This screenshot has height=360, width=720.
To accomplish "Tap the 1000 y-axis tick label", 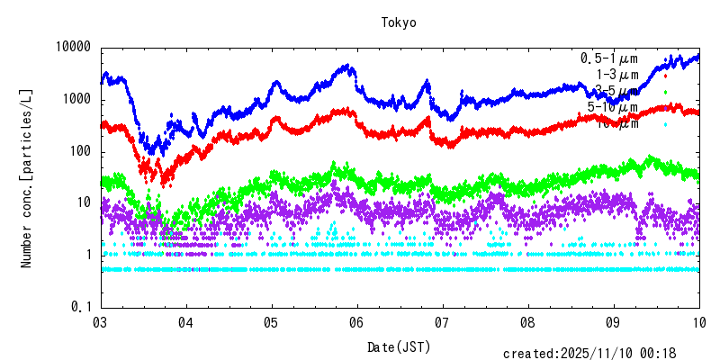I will pyautogui.click(x=77, y=99).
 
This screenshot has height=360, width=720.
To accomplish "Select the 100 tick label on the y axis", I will pyautogui.click(x=81, y=151).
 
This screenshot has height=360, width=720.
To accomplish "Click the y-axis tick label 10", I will pyautogui.click(x=85, y=203).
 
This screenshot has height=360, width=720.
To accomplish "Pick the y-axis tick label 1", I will pyautogui.click(x=88, y=256).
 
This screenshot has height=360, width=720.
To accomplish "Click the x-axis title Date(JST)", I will pyautogui.click(x=399, y=346).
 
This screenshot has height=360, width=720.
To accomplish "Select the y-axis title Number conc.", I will pyautogui.click(x=27, y=178).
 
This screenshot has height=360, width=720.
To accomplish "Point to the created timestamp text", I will pyautogui.click(x=599, y=354).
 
